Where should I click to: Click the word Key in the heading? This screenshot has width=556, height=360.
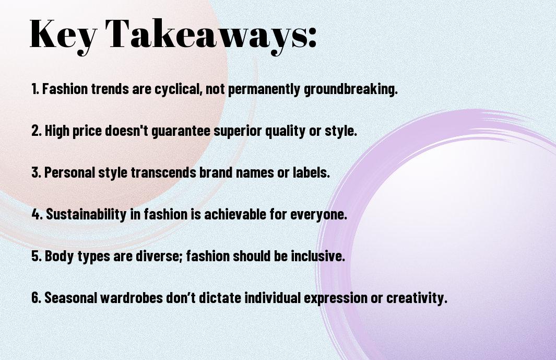[62, 34]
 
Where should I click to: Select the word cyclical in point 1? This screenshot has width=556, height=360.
[178, 89]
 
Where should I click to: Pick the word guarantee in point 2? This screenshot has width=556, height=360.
[181, 131]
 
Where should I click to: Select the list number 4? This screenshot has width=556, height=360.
[37, 214]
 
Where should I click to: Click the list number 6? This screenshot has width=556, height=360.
[36, 298]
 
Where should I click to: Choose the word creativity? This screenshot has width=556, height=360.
[421, 298]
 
